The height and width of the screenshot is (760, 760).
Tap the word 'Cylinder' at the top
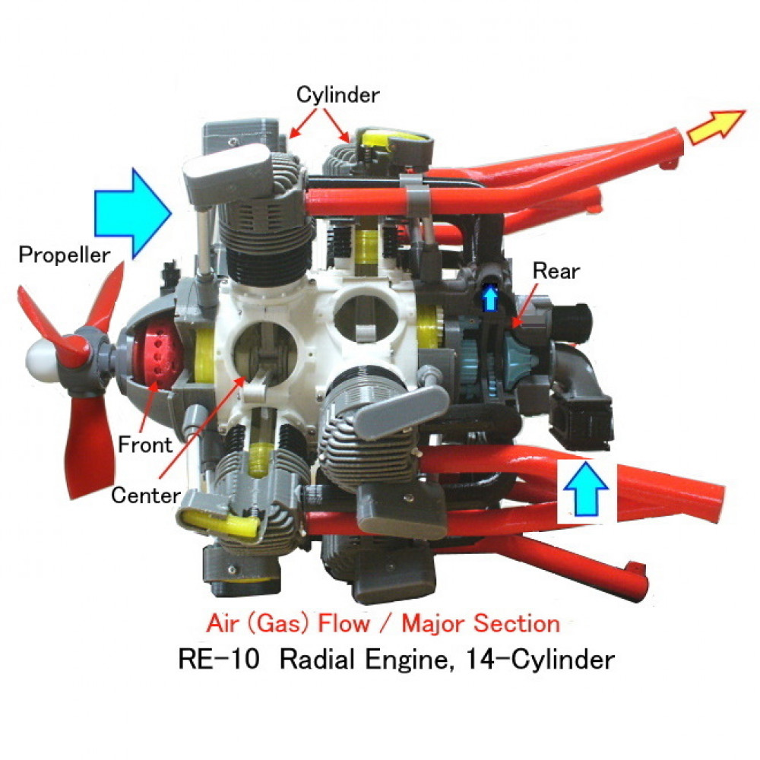coord(338,95)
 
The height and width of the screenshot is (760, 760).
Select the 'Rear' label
coord(556,271)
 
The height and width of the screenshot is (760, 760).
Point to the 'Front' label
coord(145,445)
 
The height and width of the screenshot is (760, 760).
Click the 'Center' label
coord(146,496)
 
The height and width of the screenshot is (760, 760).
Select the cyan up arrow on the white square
coord(586,489)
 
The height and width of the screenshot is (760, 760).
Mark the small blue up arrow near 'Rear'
coord(490,298)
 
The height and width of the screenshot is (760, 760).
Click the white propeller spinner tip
coord(38,360)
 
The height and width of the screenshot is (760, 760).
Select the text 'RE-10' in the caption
coord(219,659)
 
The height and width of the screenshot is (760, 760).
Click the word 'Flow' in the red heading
coord(344,623)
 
